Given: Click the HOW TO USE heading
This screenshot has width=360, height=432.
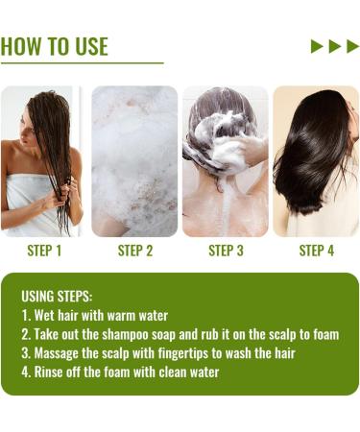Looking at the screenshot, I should [55, 46].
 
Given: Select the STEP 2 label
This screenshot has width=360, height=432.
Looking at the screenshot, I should [135, 251].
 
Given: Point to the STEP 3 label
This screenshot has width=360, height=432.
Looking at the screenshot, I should [226, 251].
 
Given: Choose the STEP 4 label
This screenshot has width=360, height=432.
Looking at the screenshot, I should [316, 251].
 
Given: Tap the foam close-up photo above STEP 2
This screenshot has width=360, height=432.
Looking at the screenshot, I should [135, 160].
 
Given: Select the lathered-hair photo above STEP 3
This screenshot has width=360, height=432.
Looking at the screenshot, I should [226, 160].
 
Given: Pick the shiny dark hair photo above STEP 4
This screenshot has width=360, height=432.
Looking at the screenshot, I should [316, 160].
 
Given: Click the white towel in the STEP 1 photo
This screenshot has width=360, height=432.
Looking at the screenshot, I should [29, 206].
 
